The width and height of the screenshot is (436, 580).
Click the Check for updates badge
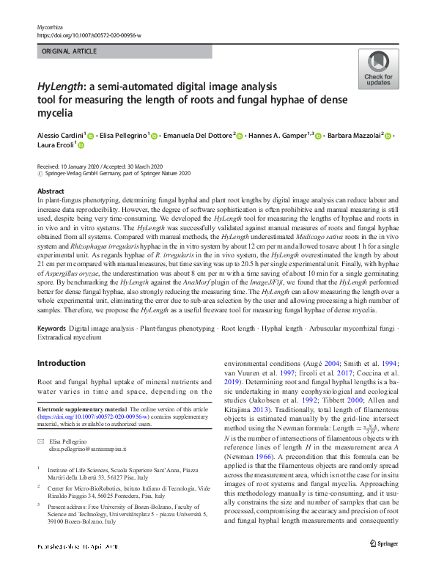378,70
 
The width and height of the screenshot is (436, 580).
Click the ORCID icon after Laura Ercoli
81,146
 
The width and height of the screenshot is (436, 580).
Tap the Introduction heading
61,363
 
